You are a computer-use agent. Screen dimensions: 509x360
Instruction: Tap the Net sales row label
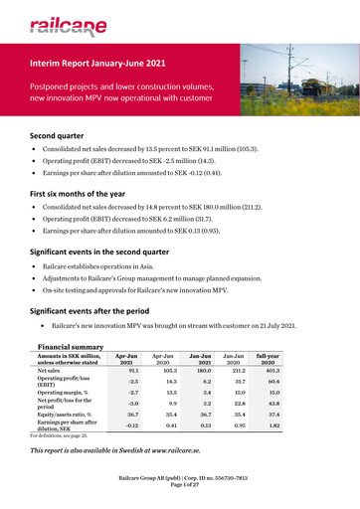56,372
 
